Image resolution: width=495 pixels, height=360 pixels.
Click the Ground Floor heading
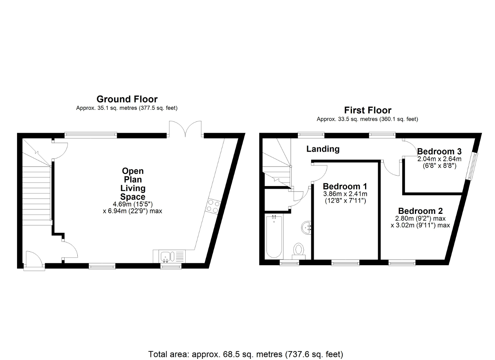point(127,99)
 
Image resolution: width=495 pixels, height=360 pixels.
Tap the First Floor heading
point(368,110)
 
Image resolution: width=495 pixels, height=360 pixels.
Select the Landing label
point(323,149)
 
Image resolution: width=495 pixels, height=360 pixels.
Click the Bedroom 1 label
point(345,186)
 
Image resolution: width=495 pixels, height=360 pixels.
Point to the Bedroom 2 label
point(420,211)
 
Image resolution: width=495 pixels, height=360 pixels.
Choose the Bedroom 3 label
point(439,151)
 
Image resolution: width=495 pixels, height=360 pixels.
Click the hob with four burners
point(213,206)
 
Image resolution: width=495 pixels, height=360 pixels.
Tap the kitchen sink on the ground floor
point(169,256)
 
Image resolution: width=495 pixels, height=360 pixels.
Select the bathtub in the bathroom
point(274,237)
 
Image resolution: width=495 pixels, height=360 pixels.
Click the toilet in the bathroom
point(299,251)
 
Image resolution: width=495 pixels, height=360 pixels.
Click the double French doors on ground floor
point(185,129)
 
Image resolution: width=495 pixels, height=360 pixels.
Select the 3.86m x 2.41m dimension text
point(345,194)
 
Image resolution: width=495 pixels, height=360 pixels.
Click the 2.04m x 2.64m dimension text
point(439,159)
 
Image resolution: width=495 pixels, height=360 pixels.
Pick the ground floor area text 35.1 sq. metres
point(126,108)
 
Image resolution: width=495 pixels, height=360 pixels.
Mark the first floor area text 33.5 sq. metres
point(367,119)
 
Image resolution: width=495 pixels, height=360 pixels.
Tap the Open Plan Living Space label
point(133,184)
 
